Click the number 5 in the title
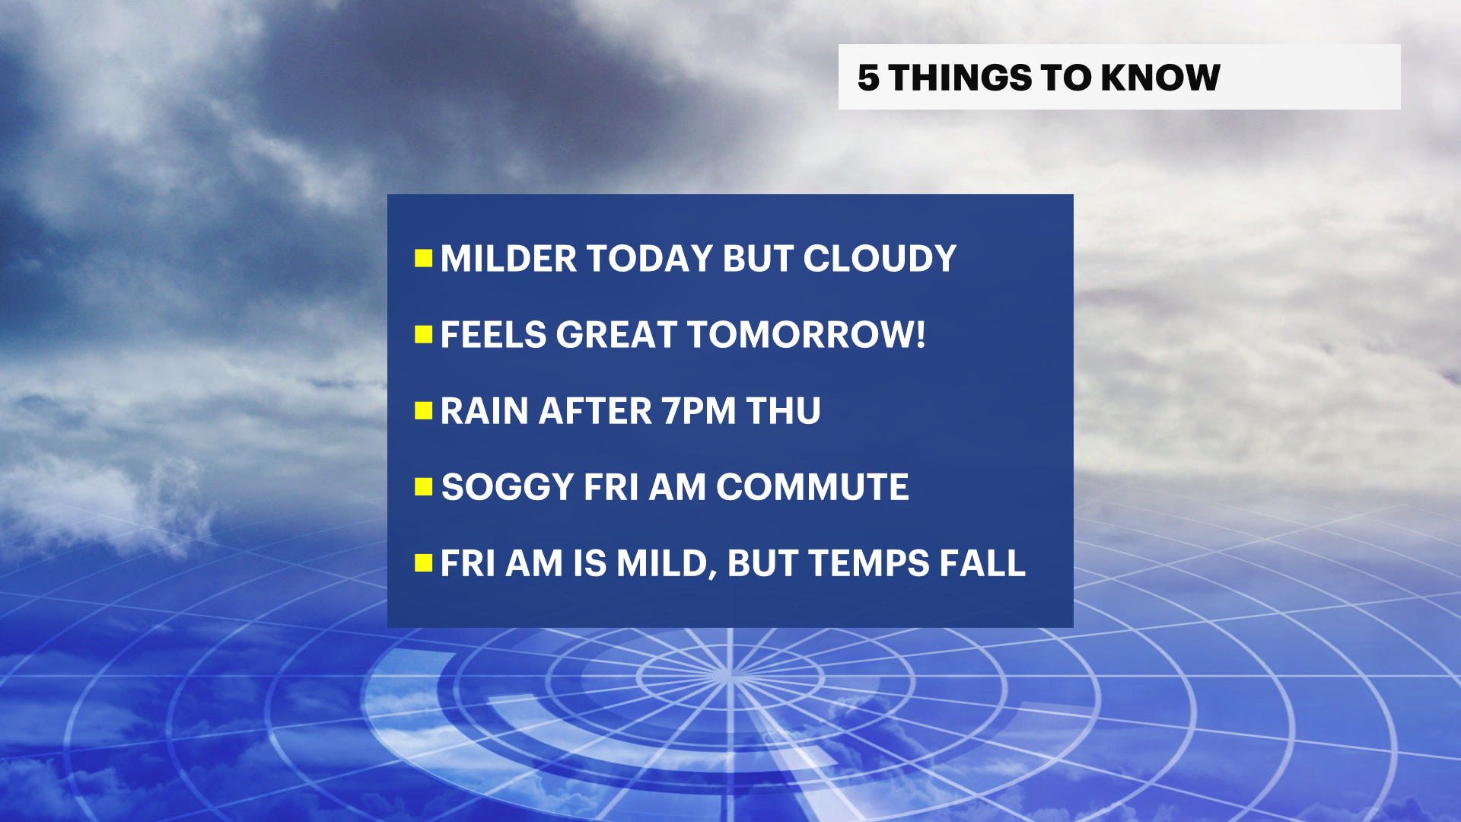point(868,78)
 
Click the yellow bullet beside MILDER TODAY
point(424,259)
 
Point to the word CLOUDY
point(880,259)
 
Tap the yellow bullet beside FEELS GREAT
point(424,335)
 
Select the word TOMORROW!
point(806,335)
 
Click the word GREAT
point(616,335)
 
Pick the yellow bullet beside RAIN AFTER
point(424,411)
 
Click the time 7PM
point(699,411)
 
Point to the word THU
point(783,411)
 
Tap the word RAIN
point(485,411)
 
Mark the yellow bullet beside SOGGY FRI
point(424,487)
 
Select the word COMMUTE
point(812,487)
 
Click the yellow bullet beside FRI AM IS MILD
point(424,563)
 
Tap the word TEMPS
point(869,563)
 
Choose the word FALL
point(982,563)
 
